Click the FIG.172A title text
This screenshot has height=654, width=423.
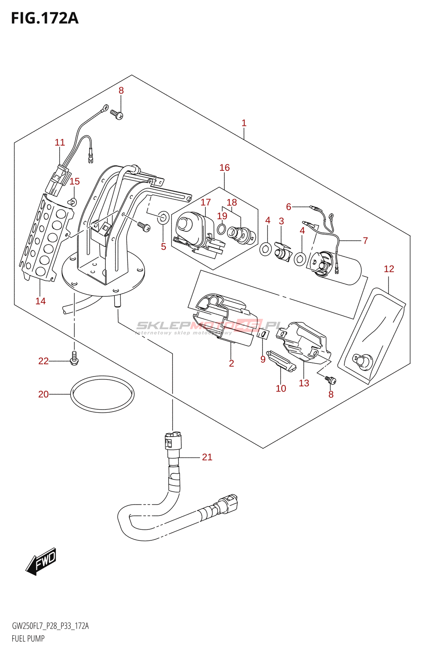pyautogui.click(x=45, y=18)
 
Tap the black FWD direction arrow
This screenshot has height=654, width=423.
pyautogui.click(x=41, y=561)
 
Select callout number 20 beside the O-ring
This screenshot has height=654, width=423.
pyautogui.click(x=43, y=394)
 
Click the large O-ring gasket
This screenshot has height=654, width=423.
pyautogui.click(x=102, y=394)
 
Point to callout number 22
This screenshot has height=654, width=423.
pyautogui.click(x=43, y=361)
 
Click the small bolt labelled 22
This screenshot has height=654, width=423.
pyautogui.click(x=74, y=358)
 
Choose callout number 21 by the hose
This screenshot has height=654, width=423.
pyautogui.click(x=207, y=457)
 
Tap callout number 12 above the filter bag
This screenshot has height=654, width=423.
pyautogui.click(x=389, y=269)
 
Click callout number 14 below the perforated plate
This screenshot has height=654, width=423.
pyautogui.click(x=40, y=301)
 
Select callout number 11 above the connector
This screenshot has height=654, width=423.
pyautogui.click(x=60, y=142)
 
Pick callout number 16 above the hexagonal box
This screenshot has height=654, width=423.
pyautogui.click(x=225, y=168)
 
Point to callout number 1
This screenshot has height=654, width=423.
pyautogui.click(x=244, y=123)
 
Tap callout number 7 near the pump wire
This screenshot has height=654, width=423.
pyautogui.click(x=365, y=240)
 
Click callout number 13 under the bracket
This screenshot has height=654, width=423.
pyautogui.click(x=304, y=383)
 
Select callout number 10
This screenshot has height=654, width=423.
pyautogui.click(x=281, y=388)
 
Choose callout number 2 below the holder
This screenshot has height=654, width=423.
pyautogui.click(x=232, y=363)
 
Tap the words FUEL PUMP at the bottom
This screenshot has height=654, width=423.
pyautogui.click(x=28, y=638)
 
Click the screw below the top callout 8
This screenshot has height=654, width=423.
pyautogui.click(x=117, y=114)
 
